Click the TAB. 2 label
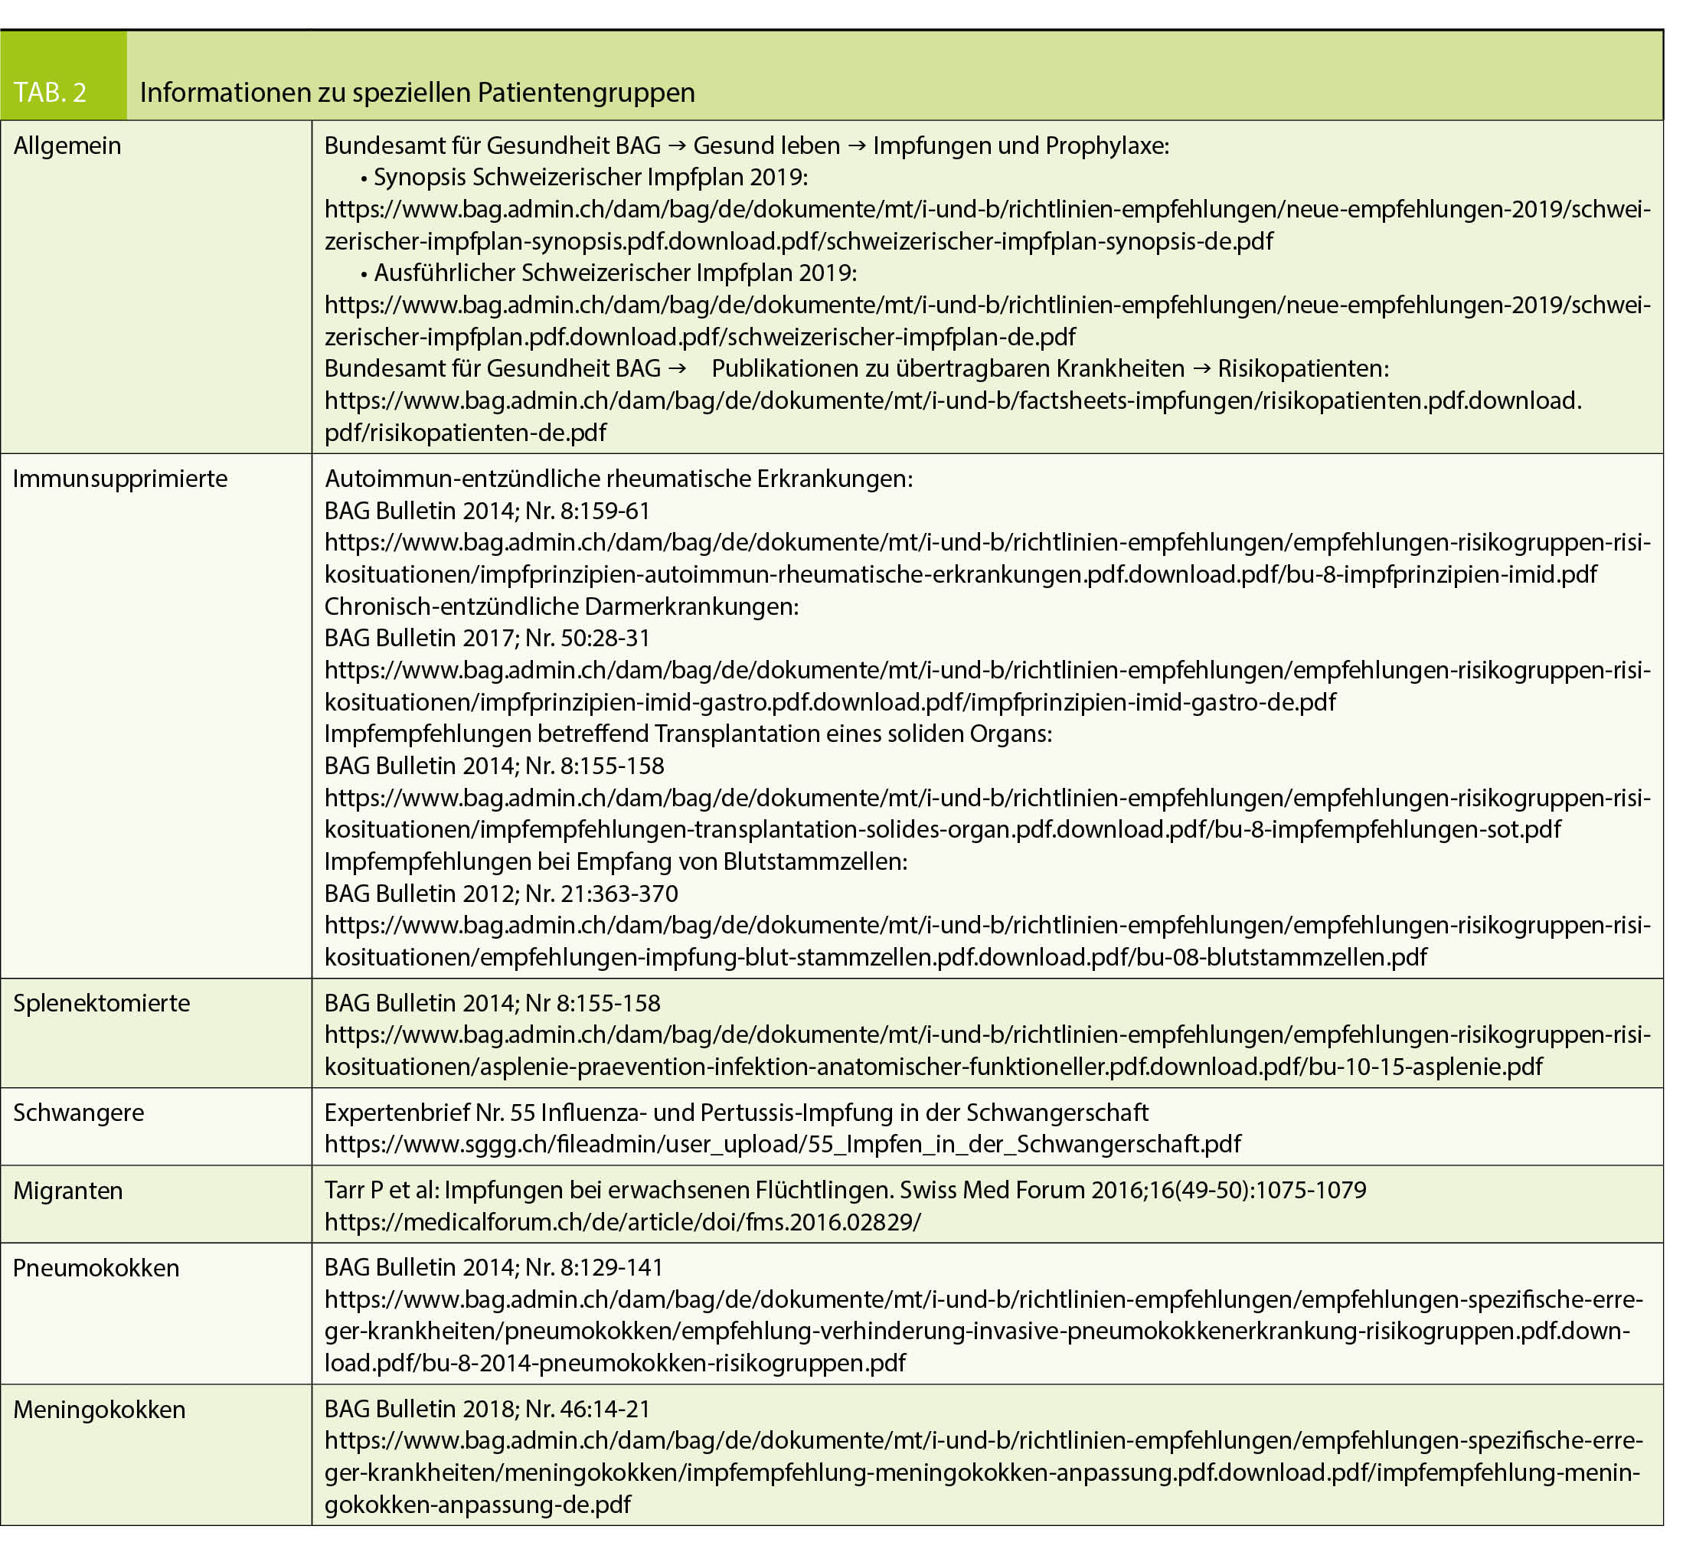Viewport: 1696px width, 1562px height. click(x=50, y=92)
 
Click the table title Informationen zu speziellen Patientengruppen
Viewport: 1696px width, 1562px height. click(x=417, y=92)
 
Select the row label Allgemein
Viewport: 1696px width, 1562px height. click(x=67, y=145)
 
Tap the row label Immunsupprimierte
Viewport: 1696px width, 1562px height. click(x=120, y=479)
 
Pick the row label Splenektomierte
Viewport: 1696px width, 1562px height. click(x=101, y=1002)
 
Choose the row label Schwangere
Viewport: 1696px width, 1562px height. click(x=79, y=1113)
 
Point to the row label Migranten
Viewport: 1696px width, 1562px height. click(x=68, y=1190)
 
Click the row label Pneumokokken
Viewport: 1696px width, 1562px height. click(x=96, y=1268)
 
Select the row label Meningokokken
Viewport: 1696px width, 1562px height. click(x=100, y=1409)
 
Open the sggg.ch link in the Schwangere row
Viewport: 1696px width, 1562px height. click(x=783, y=1145)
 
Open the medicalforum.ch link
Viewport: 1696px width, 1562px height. click(x=622, y=1222)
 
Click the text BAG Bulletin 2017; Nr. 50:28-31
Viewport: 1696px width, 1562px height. click(x=488, y=638)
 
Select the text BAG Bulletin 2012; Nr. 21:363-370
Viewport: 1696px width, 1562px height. click(x=501, y=894)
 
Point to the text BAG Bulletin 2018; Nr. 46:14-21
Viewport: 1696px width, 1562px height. click(x=488, y=1409)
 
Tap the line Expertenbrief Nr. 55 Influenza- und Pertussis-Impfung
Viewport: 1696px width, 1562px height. click(x=736, y=1113)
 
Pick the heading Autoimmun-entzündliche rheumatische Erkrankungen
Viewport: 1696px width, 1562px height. click(x=619, y=479)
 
